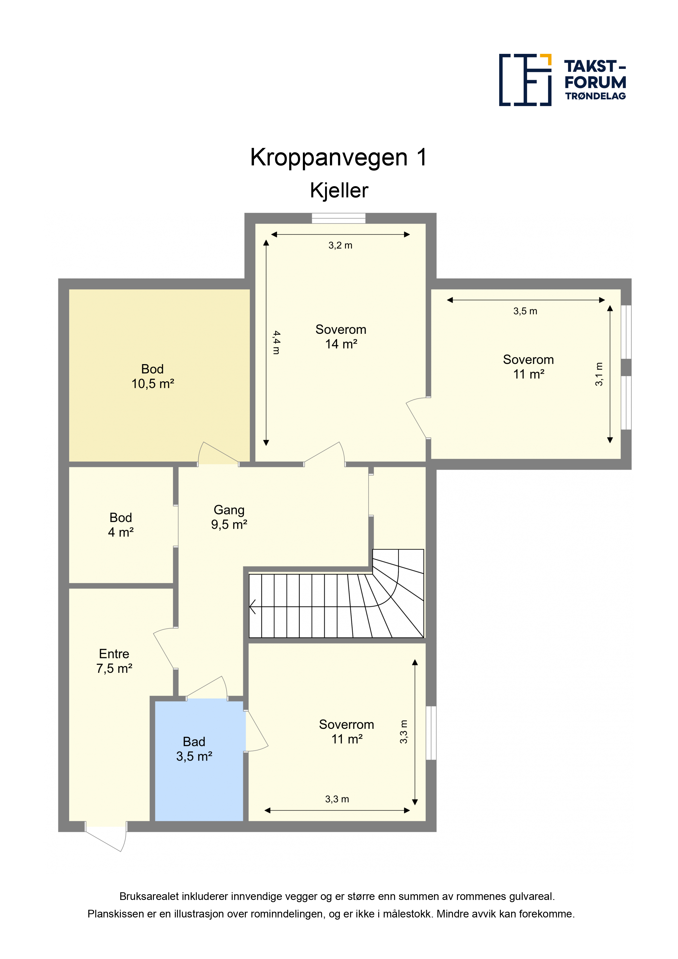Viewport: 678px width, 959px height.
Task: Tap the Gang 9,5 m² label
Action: pos(229,517)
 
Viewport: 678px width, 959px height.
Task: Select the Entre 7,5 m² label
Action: pos(114,661)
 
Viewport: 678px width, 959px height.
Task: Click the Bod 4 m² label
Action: pos(121,525)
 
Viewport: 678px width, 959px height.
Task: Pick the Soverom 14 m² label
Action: pos(341,337)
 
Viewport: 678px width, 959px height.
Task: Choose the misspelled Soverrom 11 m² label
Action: pos(346,732)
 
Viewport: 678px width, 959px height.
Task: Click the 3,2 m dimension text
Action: pos(340,245)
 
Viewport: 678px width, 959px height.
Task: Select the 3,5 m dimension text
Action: pos(525,311)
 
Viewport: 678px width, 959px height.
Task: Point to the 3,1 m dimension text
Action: pos(599,374)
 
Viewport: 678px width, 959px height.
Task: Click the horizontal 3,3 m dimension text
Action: pos(337,799)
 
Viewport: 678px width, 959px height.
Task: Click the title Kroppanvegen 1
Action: pos(339,157)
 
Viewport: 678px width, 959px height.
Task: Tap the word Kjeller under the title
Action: pos(339,191)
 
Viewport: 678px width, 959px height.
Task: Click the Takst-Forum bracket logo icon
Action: pos(525,80)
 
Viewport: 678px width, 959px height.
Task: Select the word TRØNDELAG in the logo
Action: pos(596,96)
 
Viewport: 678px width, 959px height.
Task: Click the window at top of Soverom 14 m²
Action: pos(339,218)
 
